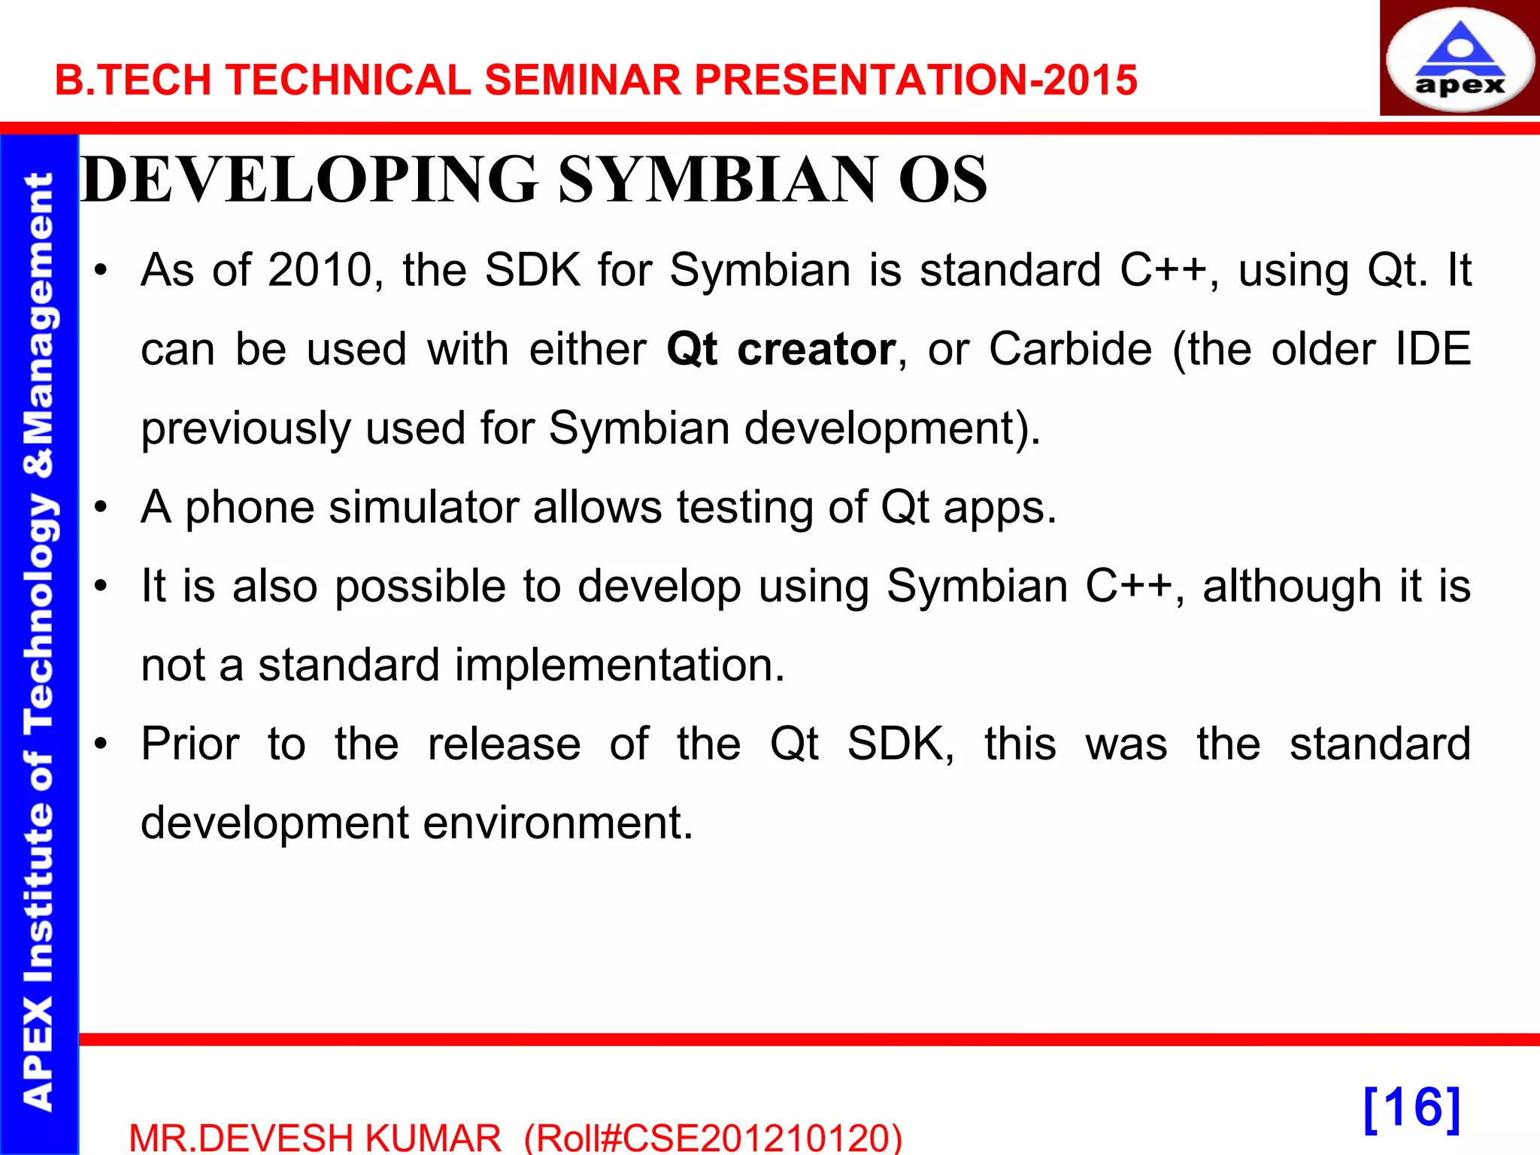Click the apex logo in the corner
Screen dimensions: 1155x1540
click(1459, 59)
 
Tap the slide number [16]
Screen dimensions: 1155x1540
click(1411, 1108)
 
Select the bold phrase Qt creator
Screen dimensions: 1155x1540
click(781, 349)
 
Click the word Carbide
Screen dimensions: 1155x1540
click(1070, 349)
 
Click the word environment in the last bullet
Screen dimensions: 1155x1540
click(557, 823)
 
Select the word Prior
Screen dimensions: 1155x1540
click(190, 744)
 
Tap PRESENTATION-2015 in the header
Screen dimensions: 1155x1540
click(915, 80)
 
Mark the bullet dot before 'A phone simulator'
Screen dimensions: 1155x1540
click(101, 508)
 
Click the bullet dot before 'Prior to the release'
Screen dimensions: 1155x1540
click(101, 744)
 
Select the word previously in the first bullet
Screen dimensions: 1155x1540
click(245, 428)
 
